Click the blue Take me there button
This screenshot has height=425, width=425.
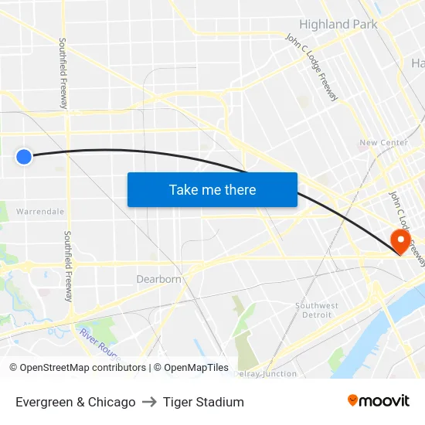[x=212, y=189]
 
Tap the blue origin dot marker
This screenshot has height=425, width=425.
[x=24, y=157]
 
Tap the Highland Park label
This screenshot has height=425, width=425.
[x=338, y=24]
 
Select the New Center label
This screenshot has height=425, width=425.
[x=384, y=143]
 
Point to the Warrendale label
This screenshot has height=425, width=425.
[x=40, y=211]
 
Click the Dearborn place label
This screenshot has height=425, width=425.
[x=158, y=279]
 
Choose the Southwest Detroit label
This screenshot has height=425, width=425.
[x=317, y=310]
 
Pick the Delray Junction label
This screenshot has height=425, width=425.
[x=264, y=374]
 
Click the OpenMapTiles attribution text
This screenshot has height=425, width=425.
[x=191, y=368]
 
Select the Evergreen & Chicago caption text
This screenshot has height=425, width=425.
[x=76, y=402]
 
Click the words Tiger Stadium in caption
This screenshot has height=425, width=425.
[x=203, y=402]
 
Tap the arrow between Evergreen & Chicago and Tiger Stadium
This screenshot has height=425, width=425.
[x=149, y=402]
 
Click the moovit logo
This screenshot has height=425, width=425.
[x=378, y=401]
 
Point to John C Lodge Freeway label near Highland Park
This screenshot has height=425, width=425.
[x=311, y=67]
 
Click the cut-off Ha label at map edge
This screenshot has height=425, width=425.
[x=417, y=63]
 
